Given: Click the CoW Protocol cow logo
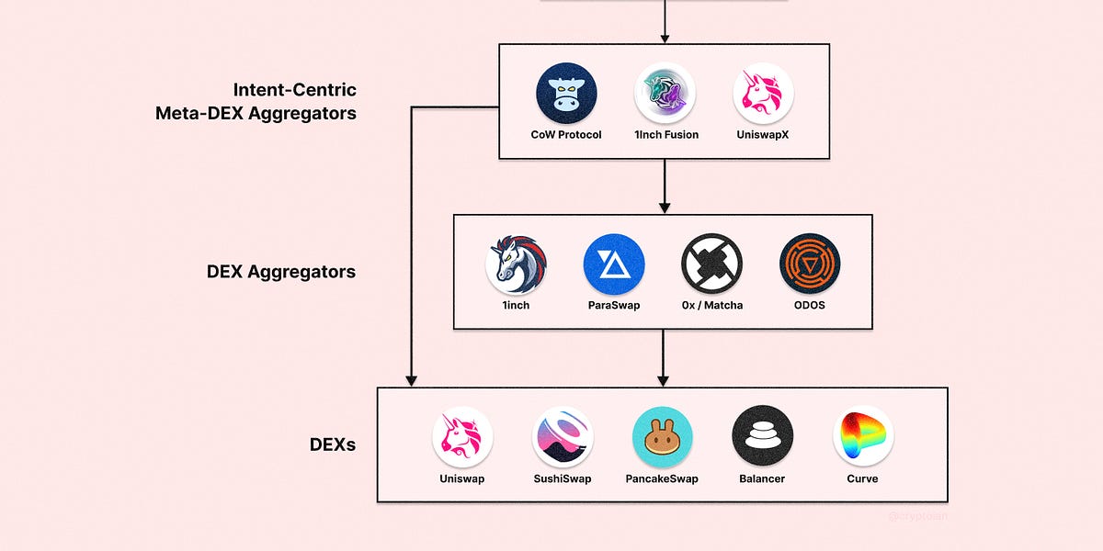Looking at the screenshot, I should (566, 94).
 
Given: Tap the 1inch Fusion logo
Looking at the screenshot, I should (665, 94).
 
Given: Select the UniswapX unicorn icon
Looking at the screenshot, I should (763, 94).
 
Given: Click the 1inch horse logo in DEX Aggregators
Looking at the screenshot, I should (516, 264).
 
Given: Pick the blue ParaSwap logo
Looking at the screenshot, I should (614, 264).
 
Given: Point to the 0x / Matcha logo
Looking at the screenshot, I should (711, 264).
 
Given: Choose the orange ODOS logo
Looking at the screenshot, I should (810, 264).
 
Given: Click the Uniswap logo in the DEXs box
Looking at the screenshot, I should (462, 437).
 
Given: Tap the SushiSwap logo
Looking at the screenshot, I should (563, 437).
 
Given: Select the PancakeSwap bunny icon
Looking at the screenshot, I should (663, 437).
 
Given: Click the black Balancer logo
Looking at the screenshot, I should (762, 437).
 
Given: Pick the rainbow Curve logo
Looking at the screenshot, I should (862, 437).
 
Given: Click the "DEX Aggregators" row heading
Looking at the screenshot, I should (281, 273).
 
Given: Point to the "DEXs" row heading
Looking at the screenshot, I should (333, 445).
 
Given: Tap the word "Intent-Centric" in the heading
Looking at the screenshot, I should (294, 90).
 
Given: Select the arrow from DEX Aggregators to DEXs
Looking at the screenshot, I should (664, 358).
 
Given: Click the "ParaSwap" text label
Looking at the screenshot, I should (614, 306).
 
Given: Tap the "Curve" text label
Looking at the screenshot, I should (862, 478).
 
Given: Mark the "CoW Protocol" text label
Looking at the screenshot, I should (566, 135).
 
